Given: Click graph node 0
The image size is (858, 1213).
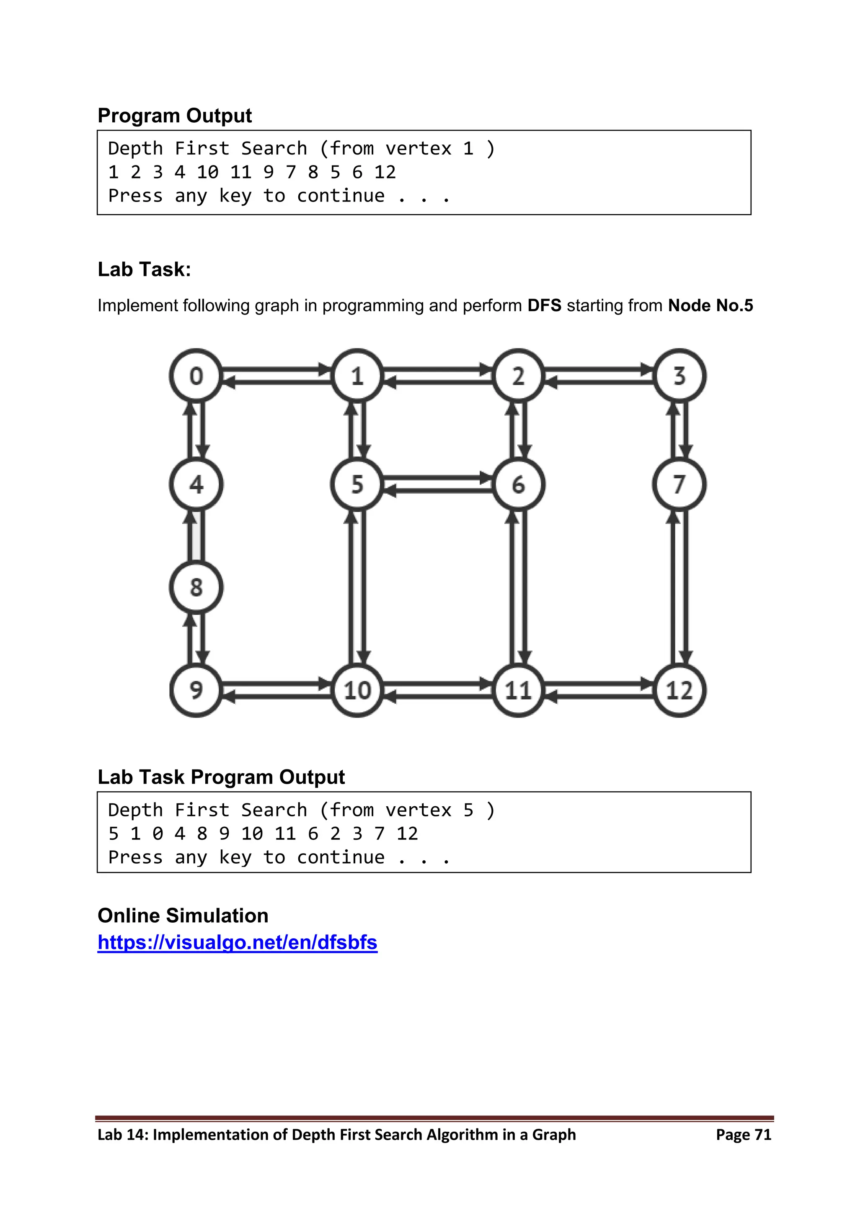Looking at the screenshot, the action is [x=196, y=376].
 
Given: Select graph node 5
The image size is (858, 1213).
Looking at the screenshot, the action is [x=357, y=484].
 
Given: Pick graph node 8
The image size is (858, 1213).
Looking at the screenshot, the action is [x=196, y=587].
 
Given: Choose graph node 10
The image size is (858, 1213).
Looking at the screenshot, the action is [x=357, y=690].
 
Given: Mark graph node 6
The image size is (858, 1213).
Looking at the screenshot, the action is [x=518, y=484].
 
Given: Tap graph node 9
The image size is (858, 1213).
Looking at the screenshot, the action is [x=196, y=690].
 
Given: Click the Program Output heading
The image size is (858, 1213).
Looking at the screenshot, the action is [x=174, y=116].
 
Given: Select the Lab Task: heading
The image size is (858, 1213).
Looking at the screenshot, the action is [x=144, y=269].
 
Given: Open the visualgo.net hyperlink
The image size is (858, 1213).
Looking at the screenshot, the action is [x=237, y=942].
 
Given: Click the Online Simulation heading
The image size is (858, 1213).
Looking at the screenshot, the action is [x=183, y=915].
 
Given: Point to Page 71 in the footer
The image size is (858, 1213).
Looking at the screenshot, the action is [x=743, y=1134].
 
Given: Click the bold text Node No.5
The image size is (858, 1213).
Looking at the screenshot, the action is [x=710, y=305].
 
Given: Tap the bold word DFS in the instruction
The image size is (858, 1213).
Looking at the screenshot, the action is [x=544, y=305].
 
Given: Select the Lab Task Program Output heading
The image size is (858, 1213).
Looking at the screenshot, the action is [x=221, y=777].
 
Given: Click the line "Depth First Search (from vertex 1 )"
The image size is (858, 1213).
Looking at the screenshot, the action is [x=301, y=148].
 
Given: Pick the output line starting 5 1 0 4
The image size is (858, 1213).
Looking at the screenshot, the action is [x=263, y=833].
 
